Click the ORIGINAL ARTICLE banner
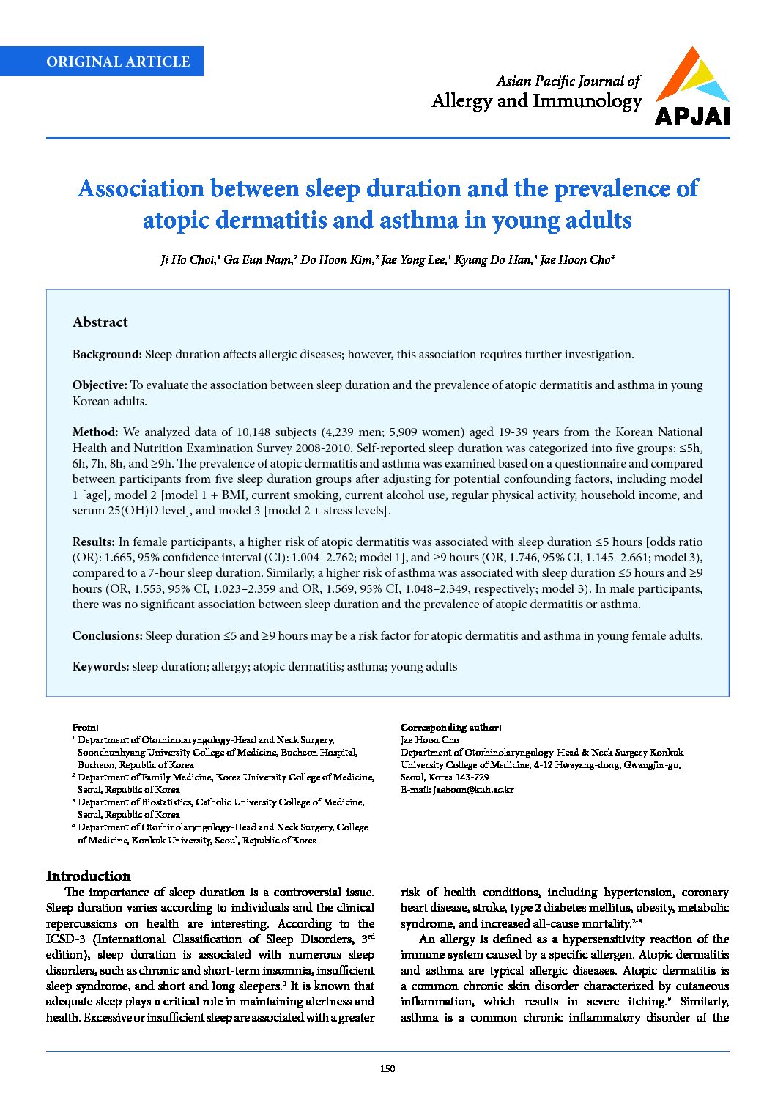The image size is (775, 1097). pos(118,62)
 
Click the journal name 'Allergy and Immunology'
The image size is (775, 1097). pos(536,101)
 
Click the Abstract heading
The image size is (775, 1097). pos(100,322)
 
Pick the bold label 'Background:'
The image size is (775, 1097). pos(107,355)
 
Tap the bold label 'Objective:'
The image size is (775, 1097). pos(100,385)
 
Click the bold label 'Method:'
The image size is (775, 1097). pos(95,432)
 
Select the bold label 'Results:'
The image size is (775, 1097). pos(94,542)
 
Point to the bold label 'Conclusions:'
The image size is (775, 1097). pos(107,636)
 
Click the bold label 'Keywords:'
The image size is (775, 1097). pos(100,667)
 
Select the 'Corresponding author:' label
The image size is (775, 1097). pos(450,728)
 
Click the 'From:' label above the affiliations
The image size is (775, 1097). pos(85,728)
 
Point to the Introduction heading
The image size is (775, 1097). pos(88,876)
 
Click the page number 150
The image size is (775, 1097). pos(387,1069)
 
